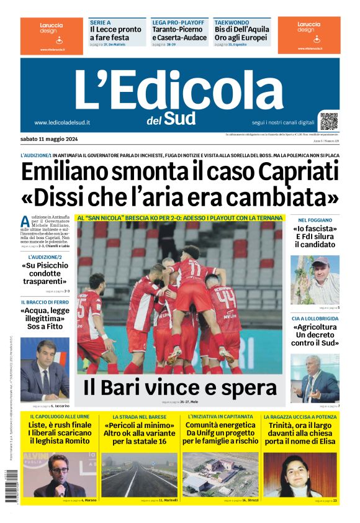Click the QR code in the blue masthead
pyautogui.click(x=329, y=121)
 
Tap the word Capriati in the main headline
pyautogui.click(x=299, y=171)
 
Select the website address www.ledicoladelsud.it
pyautogui.click(x=62, y=122)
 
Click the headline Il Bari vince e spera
pyautogui.click(x=179, y=388)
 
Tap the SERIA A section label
pyautogui.click(x=100, y=22)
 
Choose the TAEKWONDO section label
pyautogui.click(x=231, y=22)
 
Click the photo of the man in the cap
pyautogui.click(x=315, y=280)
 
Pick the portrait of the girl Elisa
pyautogui.click(x=300, y=474)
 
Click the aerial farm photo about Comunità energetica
pyautogui.click(x=220, y=474)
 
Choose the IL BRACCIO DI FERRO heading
pyautogui.click(x=44, y=302)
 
